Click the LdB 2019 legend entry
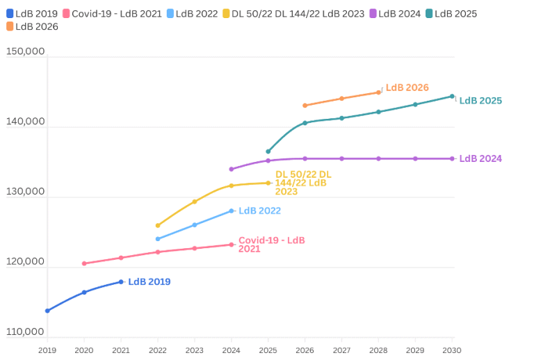[x=32, y=14]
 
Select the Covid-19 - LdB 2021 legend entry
[x=112, y=14]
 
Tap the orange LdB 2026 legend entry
[x=32, y=26]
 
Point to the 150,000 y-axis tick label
[x=25, y=51]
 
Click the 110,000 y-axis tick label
[x=25, y=332]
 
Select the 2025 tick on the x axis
[x=268, y=350]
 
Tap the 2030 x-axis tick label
[x=452, y=350]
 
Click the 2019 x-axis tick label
[x=47, y=350]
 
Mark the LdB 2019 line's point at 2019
[x=47, y=311]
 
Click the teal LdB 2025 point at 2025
[x=268, y=151]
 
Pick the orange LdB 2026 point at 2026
[x=305, y=106]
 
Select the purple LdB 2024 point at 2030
[x=452, y=158]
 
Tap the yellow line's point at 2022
[x=158, y=225]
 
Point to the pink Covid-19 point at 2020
[x=84, y=263]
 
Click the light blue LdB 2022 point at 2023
[x=195, y=224]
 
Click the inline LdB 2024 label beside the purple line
[x=480, y=158]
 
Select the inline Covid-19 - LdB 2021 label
[x=271, y=245]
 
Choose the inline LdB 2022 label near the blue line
[x=259, y=211]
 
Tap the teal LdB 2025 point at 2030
[x=452, y=97]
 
